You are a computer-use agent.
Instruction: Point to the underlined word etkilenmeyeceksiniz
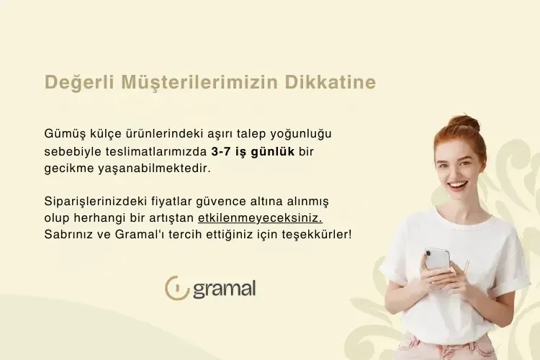[260, 217]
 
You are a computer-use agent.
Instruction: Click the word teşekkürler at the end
[318, 235]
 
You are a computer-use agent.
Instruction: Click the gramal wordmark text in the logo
[224, 289]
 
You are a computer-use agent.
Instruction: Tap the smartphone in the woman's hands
[437, 258]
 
